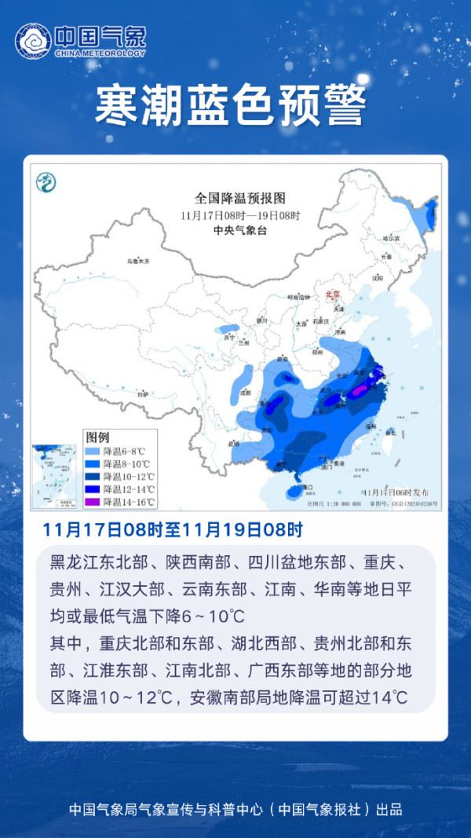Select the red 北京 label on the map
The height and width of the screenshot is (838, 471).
pos(333,295)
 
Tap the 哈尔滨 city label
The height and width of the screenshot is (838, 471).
pos(390,237)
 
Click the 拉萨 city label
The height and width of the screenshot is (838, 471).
pos(142,393)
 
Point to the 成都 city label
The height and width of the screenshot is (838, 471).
pos(246,392)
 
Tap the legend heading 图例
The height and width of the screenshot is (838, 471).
pos(97,437)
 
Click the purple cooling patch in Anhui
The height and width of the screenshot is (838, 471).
pos(359,390)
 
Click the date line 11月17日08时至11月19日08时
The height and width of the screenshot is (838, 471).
pos(173,530)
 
